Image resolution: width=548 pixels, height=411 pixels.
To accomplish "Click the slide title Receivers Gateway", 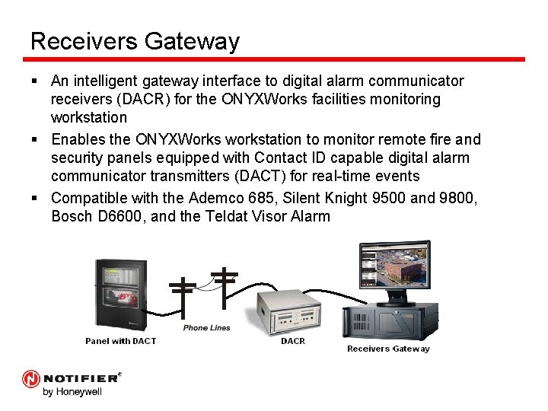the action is pyautogui.click(x=135, y=41).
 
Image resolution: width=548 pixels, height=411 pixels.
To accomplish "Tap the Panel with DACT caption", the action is pyautogui.click(x=120, y=341).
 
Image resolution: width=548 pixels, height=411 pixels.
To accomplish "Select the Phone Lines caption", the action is pyautogui.click(x=206, y=328).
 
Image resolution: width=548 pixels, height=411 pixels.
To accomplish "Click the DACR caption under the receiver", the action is pyautogui.click(x=293, y=341).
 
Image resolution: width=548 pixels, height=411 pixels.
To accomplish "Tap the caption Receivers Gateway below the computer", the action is pyautogui.click(x=388, y=349).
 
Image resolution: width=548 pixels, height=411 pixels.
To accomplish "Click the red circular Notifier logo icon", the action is pyautogui.click(x=31, y=378).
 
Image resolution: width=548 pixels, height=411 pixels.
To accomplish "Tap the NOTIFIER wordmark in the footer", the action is pyautogui.click(x=80, y=378).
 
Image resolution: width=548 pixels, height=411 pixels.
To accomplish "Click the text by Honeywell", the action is pyautogui.click(x=72, y=393).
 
